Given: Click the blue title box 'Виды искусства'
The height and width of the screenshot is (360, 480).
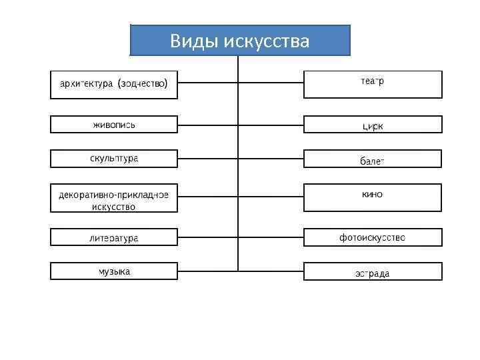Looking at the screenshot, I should point(240,41).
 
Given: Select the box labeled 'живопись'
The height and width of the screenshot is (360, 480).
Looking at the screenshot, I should point(114,124).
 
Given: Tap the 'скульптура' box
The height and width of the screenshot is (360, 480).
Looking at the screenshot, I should point(114,158).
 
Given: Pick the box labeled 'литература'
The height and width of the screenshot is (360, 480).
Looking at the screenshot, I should point(114,237).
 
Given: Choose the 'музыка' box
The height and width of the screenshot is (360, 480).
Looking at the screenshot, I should point(114,271).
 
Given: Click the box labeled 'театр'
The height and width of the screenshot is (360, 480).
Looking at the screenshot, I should point(373,84).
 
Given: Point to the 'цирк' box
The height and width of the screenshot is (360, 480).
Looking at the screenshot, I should point(373,125).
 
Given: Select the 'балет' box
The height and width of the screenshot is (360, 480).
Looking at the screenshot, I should point(373,159).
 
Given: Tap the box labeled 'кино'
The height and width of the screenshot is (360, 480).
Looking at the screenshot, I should point(373,197).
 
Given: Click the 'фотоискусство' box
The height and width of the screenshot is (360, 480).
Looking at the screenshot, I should point(373,237).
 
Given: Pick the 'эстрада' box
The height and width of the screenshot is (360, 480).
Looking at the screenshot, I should point(373,271).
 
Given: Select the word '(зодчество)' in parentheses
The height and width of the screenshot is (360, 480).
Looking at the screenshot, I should point(143,84).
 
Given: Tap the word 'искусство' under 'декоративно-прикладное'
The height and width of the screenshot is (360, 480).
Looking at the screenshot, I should point(113,207).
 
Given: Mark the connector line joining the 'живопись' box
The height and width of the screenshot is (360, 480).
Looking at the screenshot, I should point(207,124).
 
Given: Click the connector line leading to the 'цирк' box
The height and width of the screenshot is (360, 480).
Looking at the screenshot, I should point(271,124).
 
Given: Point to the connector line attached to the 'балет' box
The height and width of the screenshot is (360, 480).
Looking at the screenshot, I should point(271,158).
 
